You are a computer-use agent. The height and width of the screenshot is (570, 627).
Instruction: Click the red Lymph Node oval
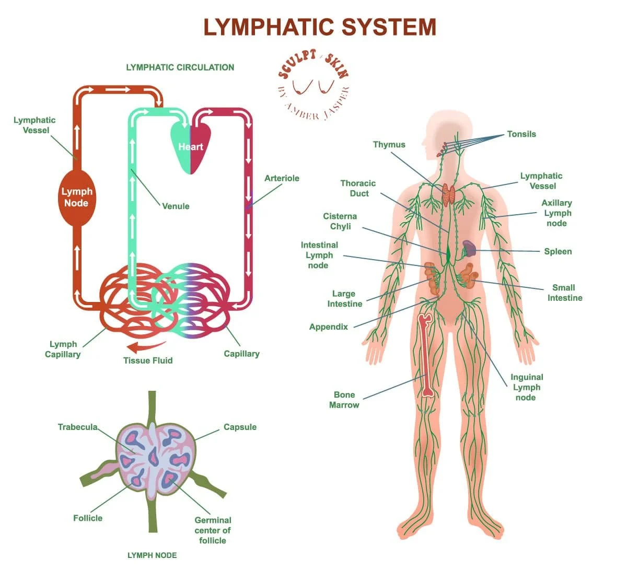pyautogui.click(x=76, y=197)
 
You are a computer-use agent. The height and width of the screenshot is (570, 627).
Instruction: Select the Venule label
pyautogui.click(x=176, y=206)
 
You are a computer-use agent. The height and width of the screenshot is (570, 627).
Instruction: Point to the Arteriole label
pyautogui.click(x=282, y=178)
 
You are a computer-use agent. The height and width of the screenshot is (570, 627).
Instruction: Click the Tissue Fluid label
pyautogui.click(x=148, y=360)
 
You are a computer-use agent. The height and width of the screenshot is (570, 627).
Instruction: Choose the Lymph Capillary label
pyautogui.click(x=63, y=349)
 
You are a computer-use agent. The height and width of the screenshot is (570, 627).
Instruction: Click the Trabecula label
pyautogui.click(x=77, y=427)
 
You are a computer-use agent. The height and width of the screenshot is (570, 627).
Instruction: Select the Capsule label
pyautogui.click(x=240, y=427)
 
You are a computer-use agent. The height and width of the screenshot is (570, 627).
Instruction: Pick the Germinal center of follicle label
pyautogui.click(x=213, y=530)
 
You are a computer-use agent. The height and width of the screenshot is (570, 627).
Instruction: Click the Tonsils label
pyautogui.click(x=521, y=134)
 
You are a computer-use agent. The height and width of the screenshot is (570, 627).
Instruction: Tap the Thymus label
pyautogui.click(x=389, y=145)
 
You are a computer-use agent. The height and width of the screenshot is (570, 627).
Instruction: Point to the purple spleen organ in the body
pyautogui.click(x=469, y=248)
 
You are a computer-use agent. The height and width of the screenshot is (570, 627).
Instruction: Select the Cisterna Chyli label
pyautogui.click(x=340, y=222)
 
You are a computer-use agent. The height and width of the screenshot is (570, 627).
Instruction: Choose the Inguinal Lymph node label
pyautogui.click(x=526, y=387)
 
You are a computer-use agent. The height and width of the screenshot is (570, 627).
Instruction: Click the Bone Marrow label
pyautogui.click(x=344, y=400)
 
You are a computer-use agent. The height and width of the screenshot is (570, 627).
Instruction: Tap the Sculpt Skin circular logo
pyautogui.click(x=313, y=86)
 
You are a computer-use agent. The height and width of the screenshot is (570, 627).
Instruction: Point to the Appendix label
pyautogui.click(x=329, y=327)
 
